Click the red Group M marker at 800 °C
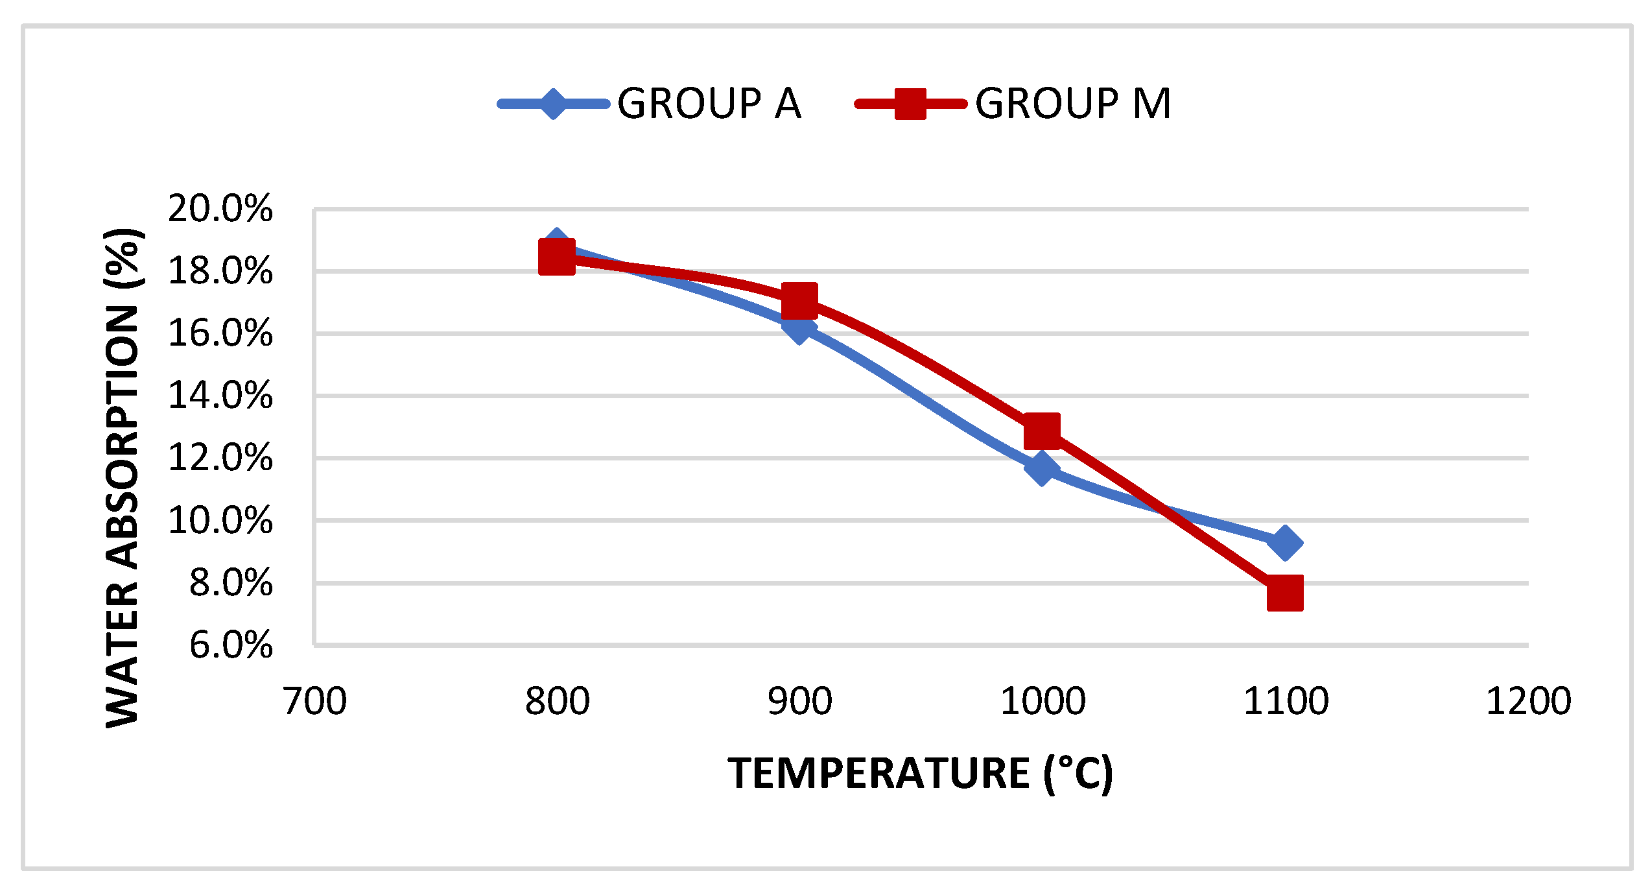pos(556,257)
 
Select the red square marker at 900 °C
pos(799,300)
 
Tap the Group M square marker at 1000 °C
pos(1042,431)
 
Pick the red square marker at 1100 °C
pos(1284,593)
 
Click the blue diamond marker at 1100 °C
pos(1284,542)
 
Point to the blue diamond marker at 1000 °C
pos(1042,467)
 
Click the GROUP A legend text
pos(709,104)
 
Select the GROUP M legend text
pos(1073,104)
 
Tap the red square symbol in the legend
pos(910,104)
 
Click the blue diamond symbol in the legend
pos(553,104)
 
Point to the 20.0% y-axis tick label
pos(220,209)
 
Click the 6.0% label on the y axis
pos(231,645)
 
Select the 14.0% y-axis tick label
pos(220,396)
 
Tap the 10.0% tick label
pos(220,520)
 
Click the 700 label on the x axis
pos(315,702)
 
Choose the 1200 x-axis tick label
pos(1528,702)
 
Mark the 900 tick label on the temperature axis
pos(799,702)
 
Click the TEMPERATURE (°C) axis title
pos(920,773)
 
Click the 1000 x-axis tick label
pos(1043,702)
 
